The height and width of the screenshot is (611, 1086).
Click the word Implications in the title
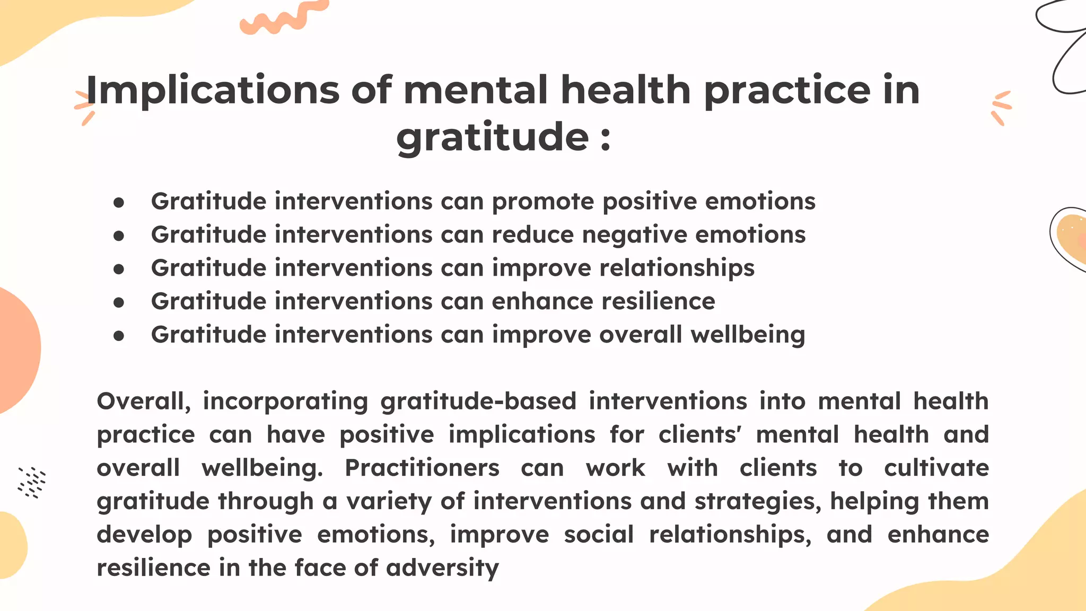pos(212,90)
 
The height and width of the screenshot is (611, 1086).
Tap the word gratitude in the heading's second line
pos(493,137)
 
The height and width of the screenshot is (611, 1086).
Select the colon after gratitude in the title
pos(606,139)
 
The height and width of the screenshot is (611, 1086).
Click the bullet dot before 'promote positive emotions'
pos(119,202)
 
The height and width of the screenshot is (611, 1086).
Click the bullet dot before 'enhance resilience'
pos(119,302)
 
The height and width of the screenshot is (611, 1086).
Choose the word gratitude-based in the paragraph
pos(478,401)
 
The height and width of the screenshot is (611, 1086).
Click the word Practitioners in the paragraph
pos(422,468)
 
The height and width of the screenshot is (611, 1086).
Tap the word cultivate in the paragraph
pos(936,468)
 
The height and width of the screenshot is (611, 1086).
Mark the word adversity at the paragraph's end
pos(442,568)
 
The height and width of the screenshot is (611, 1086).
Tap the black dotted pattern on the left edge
pos(32,482)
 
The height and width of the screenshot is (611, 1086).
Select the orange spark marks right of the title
pos(1001,108)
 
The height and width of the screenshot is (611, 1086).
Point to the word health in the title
pos(626,90)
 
